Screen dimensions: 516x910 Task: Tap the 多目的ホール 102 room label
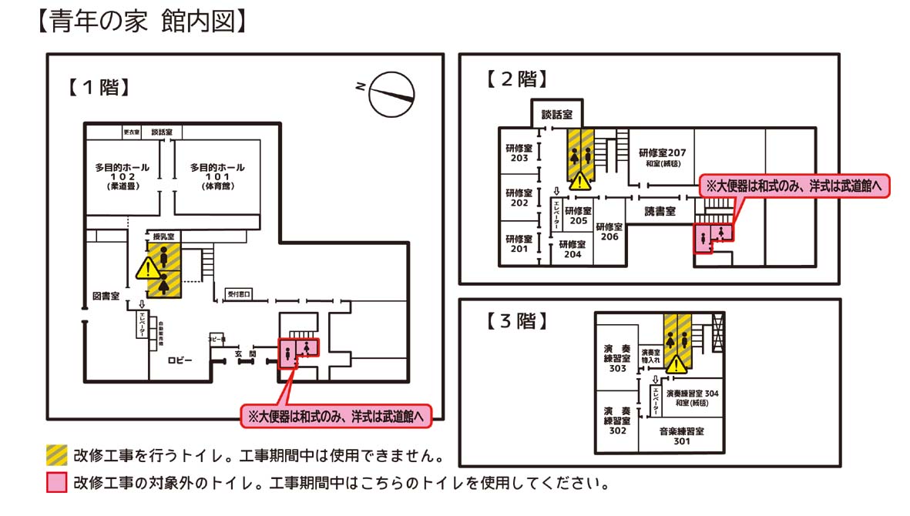[123, 176]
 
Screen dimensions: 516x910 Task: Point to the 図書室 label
[105, 297]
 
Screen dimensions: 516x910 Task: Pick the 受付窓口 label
[238, 293]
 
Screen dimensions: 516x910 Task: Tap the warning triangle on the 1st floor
[147, 269]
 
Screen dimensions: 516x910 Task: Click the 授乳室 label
[163, 236]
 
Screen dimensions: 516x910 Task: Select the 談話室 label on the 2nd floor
[556, 114]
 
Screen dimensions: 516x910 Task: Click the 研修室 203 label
[519, 152]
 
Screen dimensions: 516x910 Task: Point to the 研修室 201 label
[519, 243]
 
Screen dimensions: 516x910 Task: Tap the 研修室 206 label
[609, 232]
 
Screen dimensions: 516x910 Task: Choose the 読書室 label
[660, 211]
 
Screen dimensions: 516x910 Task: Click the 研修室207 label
[662, 157]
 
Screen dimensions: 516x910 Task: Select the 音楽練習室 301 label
[681, 437]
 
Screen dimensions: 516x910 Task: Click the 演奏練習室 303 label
[617, 358]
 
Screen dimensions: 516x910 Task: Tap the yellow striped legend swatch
[55, 454]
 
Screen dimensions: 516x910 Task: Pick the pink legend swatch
[55, 483]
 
